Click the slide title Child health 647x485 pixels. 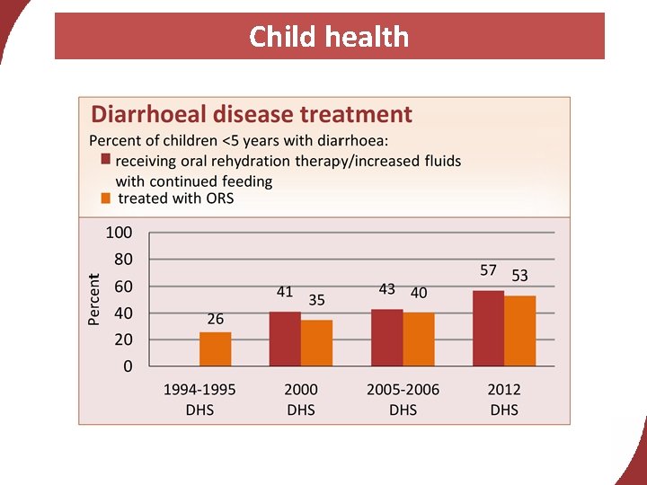329,37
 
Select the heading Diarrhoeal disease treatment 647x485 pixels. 252,115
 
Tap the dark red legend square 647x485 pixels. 106,160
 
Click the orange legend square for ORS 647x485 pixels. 106,198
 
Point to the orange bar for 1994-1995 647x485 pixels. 215,348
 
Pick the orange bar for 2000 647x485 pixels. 316,343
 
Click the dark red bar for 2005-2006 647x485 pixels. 387,338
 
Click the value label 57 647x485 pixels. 488,270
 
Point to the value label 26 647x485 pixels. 215,319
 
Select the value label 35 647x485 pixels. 316,300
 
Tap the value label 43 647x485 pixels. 387,289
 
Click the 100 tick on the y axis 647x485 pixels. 119,233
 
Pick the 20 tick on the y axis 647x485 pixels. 122,340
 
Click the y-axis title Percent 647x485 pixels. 94,299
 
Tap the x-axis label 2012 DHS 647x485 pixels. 504,400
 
